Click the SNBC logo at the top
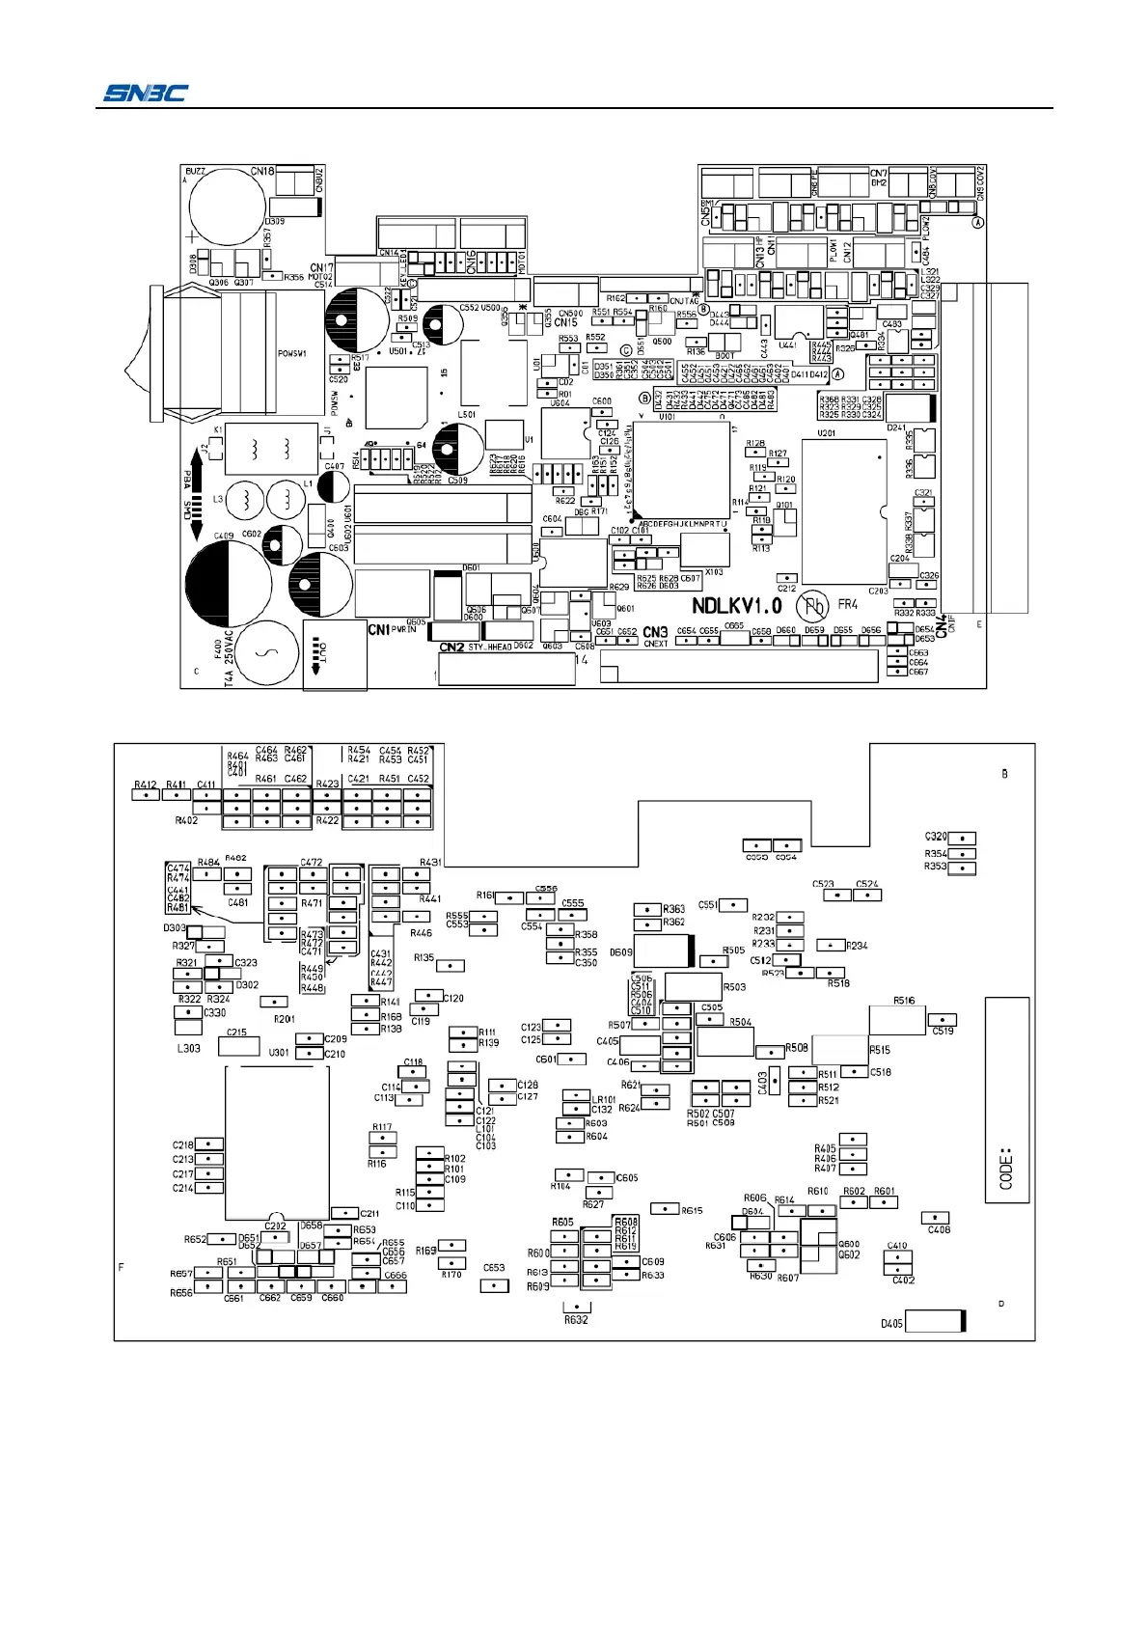146,93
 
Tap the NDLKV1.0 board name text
737,606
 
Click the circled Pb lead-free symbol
812,606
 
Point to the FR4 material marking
848,605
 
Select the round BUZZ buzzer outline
227,206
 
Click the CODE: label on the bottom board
1006,1168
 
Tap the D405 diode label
891,1323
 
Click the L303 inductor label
189,1048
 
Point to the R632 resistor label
576,1319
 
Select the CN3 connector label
655,633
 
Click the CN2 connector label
451,647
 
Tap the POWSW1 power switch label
292,353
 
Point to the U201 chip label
826,433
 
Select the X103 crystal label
713,572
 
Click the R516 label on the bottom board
904,1001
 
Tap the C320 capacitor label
936,837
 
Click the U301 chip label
279,1052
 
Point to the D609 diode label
621,952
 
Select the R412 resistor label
146,785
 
